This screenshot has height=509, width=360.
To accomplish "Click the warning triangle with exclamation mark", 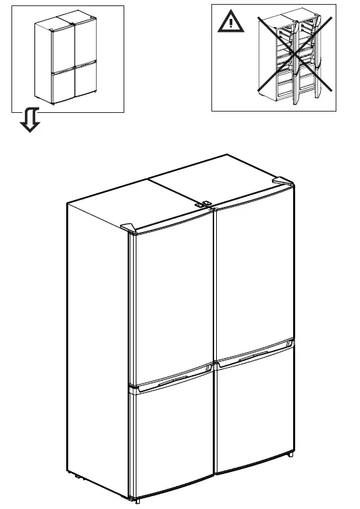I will point(231,24).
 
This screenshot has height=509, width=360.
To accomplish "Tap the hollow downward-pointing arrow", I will point(30,121).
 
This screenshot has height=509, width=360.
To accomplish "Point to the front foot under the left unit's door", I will point(138,501).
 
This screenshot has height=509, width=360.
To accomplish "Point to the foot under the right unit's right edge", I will point(290,454).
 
